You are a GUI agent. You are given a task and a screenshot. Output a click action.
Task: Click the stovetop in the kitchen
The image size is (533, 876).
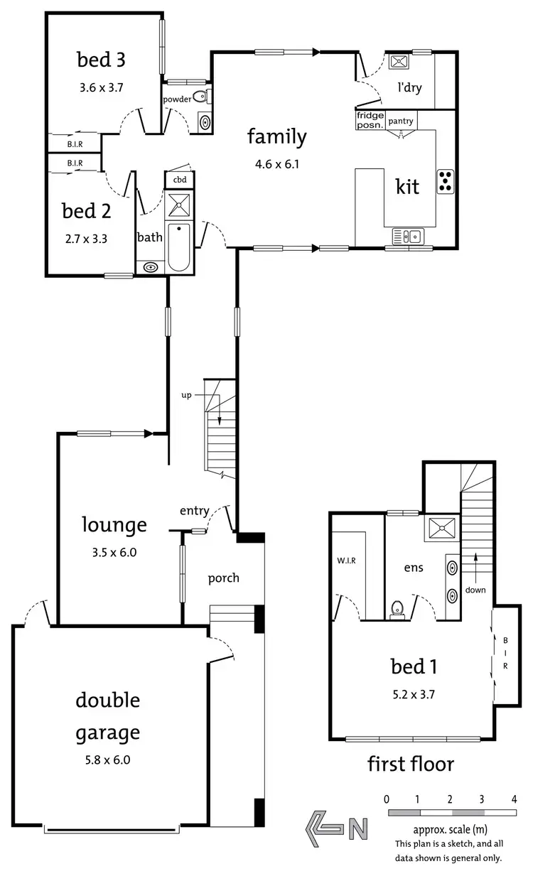(x=446, y=181)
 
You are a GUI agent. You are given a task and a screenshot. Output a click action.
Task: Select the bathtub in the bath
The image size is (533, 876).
(x=179, y=247)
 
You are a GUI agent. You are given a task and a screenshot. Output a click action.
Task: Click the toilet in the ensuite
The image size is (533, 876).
(x=397, y=610)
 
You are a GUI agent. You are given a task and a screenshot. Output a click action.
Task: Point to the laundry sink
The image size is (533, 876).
(x=397, y=63)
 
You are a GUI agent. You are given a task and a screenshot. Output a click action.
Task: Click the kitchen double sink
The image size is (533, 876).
(x=407, y=235)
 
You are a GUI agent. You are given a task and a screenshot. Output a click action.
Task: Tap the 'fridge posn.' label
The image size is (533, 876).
(x=370, y=120)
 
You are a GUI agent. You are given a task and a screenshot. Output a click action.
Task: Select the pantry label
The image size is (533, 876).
(x=401, y=121)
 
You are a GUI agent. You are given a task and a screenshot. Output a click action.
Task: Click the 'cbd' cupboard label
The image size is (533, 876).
(x=179, y=179)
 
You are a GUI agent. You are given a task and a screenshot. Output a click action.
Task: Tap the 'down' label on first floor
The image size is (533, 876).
(x=475, y=590)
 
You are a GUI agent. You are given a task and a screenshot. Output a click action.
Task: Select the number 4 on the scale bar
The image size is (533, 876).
(x=514, y=799)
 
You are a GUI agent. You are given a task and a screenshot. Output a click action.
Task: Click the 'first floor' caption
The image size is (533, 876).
(x=410, y=764)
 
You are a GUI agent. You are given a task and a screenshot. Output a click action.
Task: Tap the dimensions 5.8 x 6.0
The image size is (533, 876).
(x=107, y=759)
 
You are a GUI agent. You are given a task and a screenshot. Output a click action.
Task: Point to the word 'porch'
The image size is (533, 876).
(x=223, y=578)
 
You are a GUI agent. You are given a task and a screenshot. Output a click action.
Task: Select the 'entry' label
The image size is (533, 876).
(x=194, y=510)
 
